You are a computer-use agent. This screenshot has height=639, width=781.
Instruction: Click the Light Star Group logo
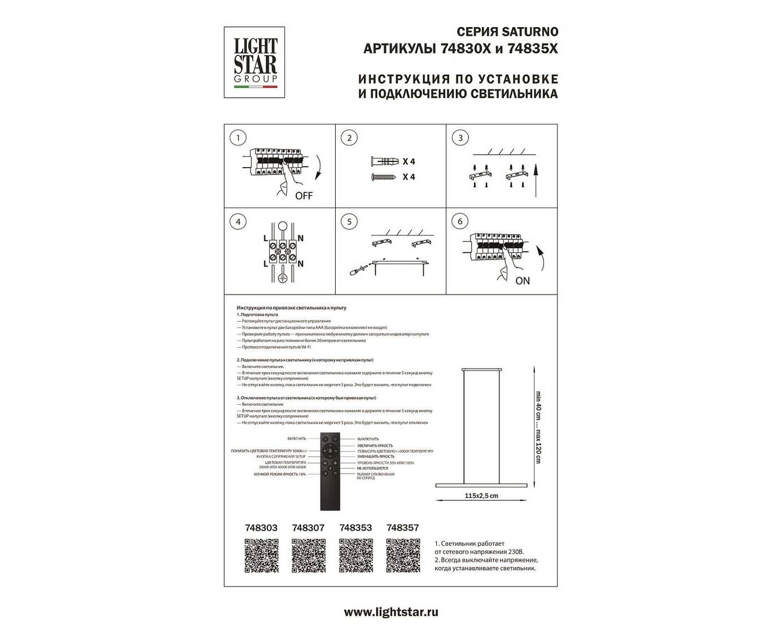pos(256,62)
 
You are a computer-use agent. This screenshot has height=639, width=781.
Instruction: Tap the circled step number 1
pos(239,138)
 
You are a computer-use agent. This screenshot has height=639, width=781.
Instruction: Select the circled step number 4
pos(239,222)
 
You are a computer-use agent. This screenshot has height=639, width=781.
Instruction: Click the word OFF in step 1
pos(304,196)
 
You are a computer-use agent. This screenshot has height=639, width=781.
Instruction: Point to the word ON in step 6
pos(523,281)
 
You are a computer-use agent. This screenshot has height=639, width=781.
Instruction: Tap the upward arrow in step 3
pos(535,178)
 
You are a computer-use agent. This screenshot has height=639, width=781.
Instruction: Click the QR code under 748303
pos(261,556)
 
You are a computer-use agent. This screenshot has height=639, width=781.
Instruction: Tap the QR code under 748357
pos(403,556)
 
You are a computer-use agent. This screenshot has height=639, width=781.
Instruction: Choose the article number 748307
pos(308,528)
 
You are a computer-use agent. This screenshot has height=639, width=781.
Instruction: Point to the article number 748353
pos(356,528)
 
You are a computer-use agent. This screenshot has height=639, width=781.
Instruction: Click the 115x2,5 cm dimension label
pos(481,496)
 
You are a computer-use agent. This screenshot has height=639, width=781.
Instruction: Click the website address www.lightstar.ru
pos(390,612)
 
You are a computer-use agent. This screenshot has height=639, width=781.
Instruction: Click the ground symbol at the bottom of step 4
pos(283,278)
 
